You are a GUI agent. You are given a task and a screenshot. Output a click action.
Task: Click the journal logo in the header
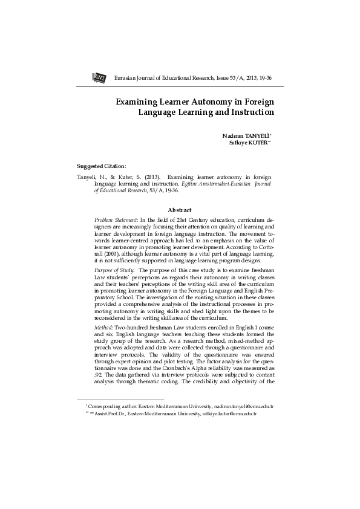point(99,77)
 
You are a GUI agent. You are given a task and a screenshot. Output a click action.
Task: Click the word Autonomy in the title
point(194,101)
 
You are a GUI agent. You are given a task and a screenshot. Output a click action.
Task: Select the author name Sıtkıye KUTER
point(249,143)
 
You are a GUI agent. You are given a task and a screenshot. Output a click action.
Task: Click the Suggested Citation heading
point(102,166)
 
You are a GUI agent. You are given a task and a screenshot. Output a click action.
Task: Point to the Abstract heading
point(179,210)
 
